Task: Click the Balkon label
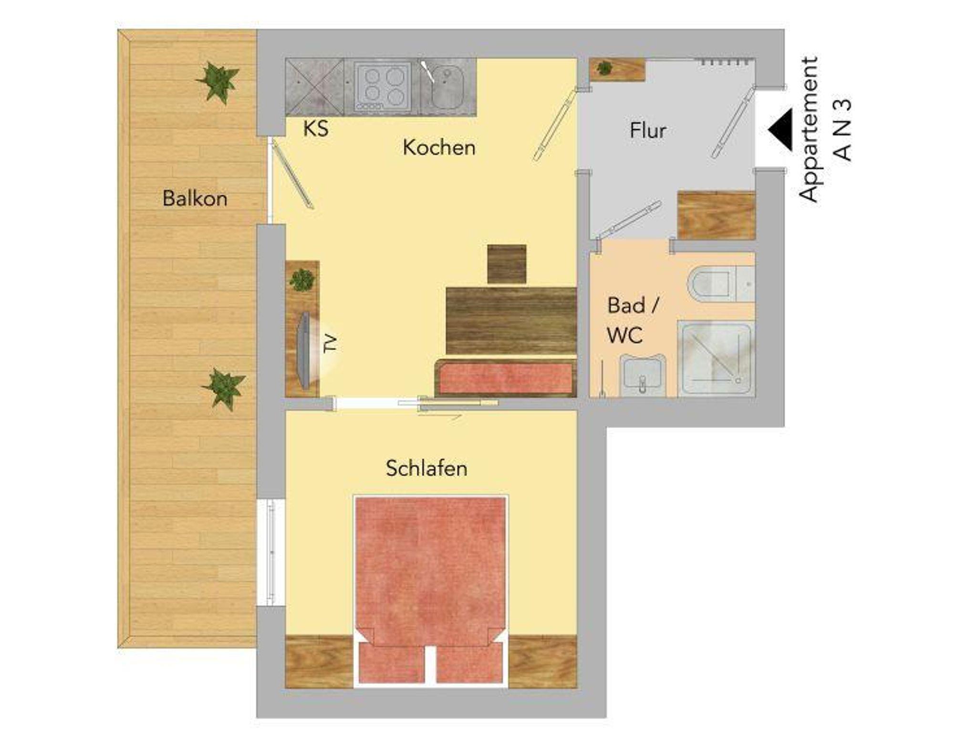195,199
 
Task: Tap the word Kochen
439,147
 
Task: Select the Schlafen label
426,468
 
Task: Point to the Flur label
647,130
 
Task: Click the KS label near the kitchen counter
316,128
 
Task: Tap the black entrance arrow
780,129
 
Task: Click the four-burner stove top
383,86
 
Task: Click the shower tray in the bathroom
716,358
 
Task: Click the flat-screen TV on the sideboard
306,350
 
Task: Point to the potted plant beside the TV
302,280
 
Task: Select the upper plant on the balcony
218,82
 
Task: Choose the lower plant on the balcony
223,388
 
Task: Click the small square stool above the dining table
507,264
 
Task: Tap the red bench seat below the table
506,378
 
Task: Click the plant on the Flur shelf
604,68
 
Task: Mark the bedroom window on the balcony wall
271,552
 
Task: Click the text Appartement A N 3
825,129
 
